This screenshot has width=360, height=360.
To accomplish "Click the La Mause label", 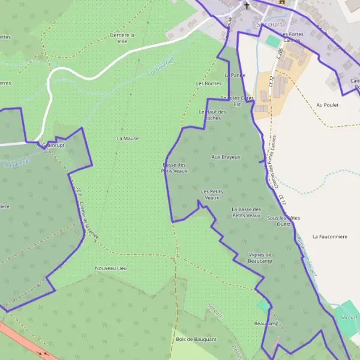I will tap(127, 138).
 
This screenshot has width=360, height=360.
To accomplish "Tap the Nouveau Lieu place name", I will tap(111, 268).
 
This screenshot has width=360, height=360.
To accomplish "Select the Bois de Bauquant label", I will tap(196, 339).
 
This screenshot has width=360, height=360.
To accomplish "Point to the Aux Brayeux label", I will tap(226, 157).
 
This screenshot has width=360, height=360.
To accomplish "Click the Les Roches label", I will tap(208, 83).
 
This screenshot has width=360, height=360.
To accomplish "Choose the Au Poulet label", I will tap(327, 105).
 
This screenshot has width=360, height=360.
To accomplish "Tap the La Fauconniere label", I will tap(330, 236).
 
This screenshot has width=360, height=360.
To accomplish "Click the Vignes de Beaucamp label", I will tap(260, 258).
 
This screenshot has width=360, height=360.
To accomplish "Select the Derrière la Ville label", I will tap(122, 38).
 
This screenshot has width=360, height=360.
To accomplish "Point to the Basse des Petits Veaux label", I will tap(175, 167).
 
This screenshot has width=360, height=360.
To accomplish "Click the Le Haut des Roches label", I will tap(212, 115).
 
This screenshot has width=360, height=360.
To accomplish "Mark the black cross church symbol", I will tap(246, 6).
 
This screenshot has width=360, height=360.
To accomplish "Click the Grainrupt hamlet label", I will tap(53, 145).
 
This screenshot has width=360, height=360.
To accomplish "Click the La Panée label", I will tap(235, 75).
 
